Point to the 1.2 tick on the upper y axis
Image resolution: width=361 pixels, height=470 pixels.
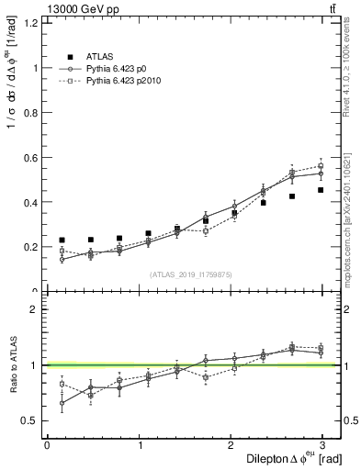tap(30, 23)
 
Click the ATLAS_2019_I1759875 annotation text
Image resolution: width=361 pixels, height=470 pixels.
tap(192, 274)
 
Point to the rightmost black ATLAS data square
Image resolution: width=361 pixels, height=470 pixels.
tap(321, 190)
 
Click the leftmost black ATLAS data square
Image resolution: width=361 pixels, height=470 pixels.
tap(62, 240)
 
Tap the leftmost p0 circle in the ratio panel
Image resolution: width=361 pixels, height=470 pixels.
tap(62, 403)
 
